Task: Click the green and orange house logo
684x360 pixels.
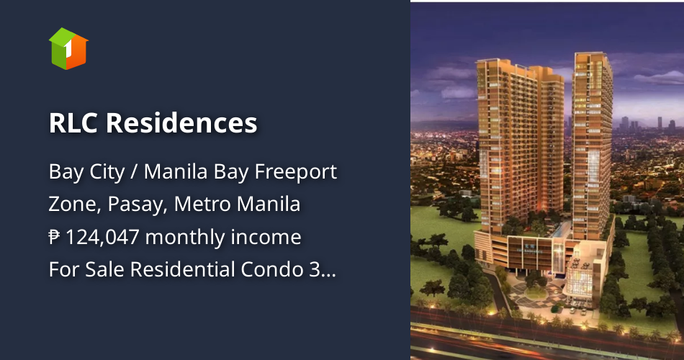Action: point(68,48)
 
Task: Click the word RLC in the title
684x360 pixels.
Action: point(73,123)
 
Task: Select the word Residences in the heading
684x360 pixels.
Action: point(181,123)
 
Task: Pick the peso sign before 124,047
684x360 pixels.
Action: point(55,238)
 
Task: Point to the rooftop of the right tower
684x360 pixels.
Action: point(593,55)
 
